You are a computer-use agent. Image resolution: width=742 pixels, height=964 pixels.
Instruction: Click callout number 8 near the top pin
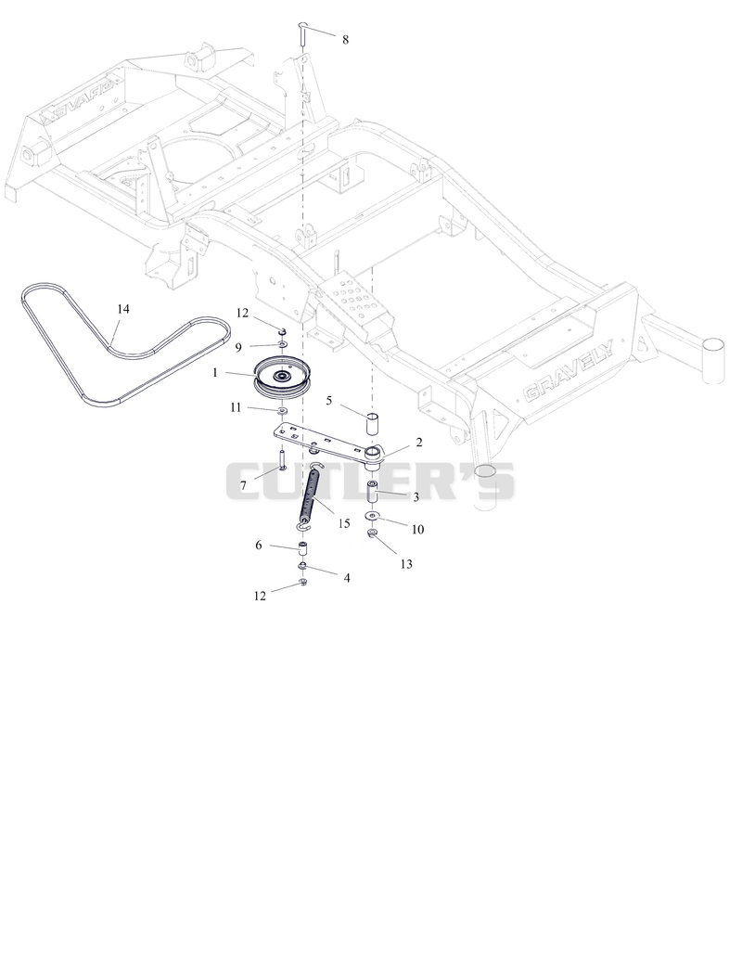[x=345, y=40]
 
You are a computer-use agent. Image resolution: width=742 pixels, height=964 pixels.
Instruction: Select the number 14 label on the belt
[x=123, y=309]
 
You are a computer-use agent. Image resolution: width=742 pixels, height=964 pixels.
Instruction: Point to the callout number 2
[x=418, y=443]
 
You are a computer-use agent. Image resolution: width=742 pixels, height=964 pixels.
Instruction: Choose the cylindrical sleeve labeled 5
[x=374, y=425]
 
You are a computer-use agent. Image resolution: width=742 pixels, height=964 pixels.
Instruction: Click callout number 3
[x=416, y=497]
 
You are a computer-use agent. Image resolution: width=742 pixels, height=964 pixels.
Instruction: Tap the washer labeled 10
[x=373, y=516]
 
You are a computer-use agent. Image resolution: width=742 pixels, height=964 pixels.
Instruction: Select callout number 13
[x=406, y=564]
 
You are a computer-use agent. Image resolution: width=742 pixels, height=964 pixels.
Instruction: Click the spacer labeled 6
[x=302, y=549]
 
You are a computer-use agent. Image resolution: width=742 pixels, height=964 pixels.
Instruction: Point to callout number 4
[x=347, y=579]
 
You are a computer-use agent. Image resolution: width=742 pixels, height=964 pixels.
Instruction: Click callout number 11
[x=236, y=407]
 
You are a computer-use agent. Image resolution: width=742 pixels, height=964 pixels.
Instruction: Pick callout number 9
[x=238, y=347]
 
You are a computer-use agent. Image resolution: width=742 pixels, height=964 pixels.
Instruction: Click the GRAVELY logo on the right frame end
[x=568, y=380]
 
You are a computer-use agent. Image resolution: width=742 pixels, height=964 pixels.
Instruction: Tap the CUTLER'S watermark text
[x=370, y=482]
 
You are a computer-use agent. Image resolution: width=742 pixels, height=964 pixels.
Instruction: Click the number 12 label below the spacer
[x=260, y=596]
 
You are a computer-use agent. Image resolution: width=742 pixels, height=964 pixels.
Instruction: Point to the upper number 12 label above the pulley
[x=242, y=314]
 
